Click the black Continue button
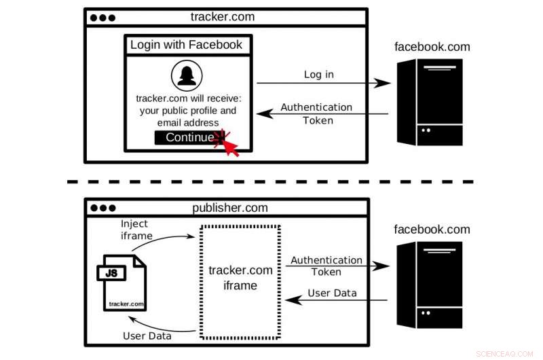pos(184,138)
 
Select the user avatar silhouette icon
pos(187,76)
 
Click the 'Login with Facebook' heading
pos(186,46)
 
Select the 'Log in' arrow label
pos(318,74)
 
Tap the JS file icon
pos(124,282)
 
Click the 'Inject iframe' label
pos(134,230)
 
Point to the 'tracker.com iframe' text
pos(240,278)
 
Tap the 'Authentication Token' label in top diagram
pos(316,113)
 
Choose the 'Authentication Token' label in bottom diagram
pos(326,266)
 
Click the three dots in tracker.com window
pos(102,18)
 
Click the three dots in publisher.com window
pos(102,209)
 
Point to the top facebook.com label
pos(432,47)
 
